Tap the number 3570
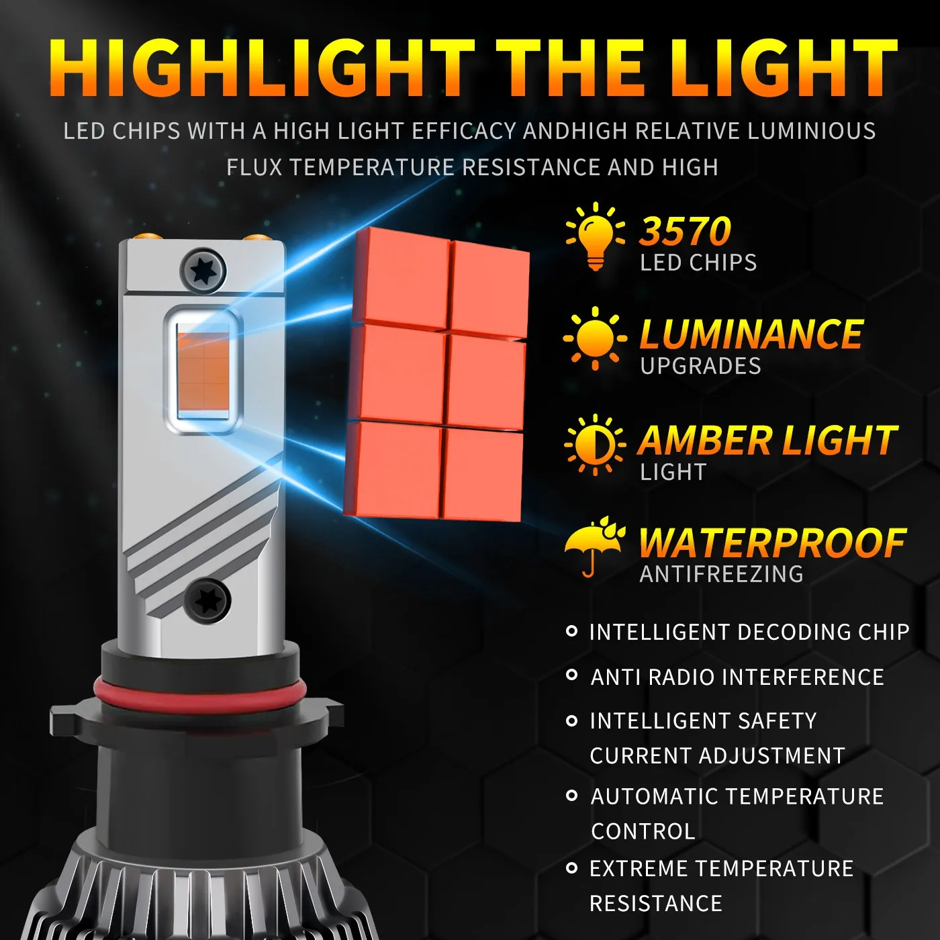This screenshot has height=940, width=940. click(685, 232)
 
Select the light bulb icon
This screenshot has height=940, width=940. click(596, 236)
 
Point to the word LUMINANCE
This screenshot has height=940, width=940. click(751, 334)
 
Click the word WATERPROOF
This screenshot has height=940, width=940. click(772, 543)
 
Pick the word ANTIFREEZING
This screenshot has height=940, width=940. click(722, 575)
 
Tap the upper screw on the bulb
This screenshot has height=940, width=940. click(203, 271)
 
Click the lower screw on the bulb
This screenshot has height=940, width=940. click(207, 600)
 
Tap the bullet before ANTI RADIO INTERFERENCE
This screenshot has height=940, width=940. click(572, 675)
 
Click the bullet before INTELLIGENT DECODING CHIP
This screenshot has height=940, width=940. click(572, 631)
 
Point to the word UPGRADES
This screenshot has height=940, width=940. click(700, 367)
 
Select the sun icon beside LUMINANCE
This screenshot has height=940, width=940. click(595, 338)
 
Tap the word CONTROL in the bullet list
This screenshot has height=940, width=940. click(643, 831)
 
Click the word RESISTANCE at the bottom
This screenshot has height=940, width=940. click(655, 904)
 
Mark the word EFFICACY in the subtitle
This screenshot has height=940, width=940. click(463, 131)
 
